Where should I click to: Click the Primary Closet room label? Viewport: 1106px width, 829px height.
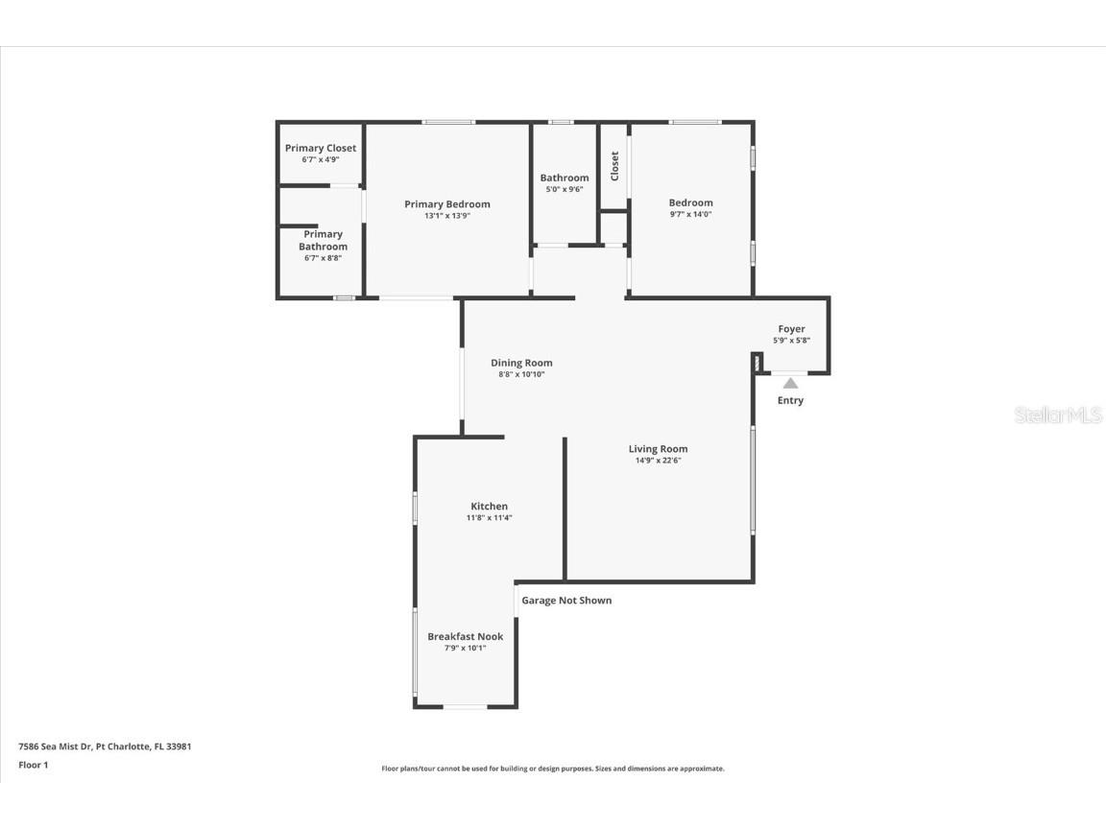[x=320, y=148]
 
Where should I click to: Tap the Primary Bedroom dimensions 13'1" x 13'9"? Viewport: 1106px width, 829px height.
[x=446, y=216]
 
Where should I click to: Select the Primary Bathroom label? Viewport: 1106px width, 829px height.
[x=323, y=240]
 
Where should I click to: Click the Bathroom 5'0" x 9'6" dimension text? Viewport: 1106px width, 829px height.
[x=564, y=189]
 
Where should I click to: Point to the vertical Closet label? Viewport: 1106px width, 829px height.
[x=614, y=166]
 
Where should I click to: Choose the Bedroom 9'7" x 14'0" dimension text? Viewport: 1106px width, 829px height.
[x=690, y=214]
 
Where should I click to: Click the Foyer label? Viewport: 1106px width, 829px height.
[x=791, y=329]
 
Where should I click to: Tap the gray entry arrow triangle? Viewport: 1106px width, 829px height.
[x=790, y=383]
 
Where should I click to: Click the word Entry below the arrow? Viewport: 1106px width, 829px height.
[x=790, y=400]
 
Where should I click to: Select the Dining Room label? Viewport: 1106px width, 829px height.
[x=521, y=363]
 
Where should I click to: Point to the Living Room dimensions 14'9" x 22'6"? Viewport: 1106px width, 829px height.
[x=658, y=461]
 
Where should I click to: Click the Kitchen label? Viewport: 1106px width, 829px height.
[x=489, y=507]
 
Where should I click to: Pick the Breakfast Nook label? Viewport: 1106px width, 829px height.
[x=465, y=636]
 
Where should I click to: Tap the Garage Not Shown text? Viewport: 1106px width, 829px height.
[x=566, y=601]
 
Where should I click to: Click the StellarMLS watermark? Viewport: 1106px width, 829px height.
[x=1059, y=415]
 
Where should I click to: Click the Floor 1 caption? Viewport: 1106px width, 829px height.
[x=33, y=765]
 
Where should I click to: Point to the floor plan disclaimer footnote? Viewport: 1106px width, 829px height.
[x=553, y=769]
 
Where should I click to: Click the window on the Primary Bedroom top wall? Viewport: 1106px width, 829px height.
[x=448, y=122]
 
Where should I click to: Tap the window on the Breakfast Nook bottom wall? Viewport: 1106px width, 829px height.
[x=465, y=707]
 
